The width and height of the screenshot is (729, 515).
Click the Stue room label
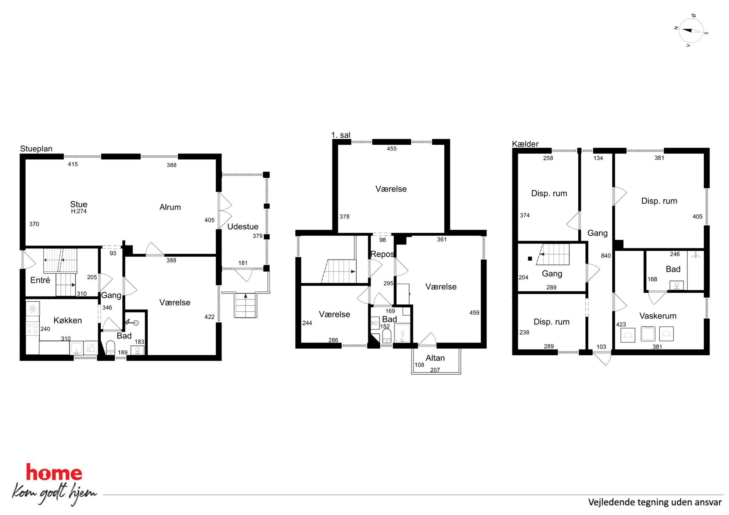[x=79, y=204]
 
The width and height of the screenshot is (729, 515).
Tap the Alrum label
[x=170, y=207]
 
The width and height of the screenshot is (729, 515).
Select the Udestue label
[x=243, y=226]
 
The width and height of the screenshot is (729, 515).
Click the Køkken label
[x=68, y=320]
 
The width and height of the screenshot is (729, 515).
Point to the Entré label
[x=40, y=280]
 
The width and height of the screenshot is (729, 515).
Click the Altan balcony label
[x=435, y=358]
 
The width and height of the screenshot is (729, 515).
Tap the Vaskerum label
[x=658, y=316]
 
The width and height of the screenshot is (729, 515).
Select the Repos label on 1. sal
[x=382, y=254]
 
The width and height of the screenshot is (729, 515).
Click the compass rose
[x=691, y=31]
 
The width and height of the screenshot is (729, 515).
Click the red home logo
[x=54, y=472]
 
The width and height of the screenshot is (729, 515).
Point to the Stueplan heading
[x=36, y=149]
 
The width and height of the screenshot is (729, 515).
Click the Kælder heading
[x=525, y=144]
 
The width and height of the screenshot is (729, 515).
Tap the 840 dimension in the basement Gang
[x=606, y=255]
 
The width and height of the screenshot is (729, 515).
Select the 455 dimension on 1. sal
[x=392, y=149]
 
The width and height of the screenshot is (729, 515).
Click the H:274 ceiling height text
[x=79, y=211]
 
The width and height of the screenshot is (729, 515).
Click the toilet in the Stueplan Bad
[x=111, y=347]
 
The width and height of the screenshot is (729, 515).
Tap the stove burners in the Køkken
[x=32, y=329]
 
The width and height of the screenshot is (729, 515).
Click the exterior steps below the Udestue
[x=246, y=305]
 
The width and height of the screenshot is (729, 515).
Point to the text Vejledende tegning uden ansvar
[x=655, y=502]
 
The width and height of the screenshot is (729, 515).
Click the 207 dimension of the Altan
[x=435, y=370]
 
